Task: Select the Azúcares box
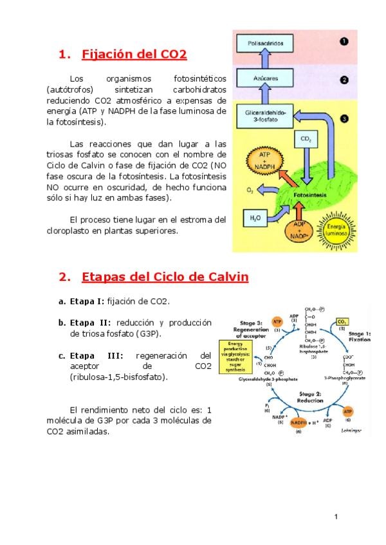[x=261, y=79]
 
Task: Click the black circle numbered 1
[x=344, y=41]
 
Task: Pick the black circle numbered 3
[x=344, y=119]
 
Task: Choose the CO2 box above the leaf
[x=306, y=139]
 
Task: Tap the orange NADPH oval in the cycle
[x=299, y=422]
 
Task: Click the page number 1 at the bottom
[x=336, y=517]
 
